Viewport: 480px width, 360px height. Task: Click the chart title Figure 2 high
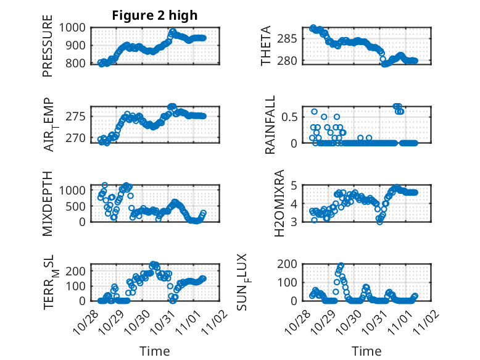[x=155, y=15]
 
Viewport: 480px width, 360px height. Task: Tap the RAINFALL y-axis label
[x=270, y=125]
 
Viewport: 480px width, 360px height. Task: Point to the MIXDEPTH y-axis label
[x=48, y=204]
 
